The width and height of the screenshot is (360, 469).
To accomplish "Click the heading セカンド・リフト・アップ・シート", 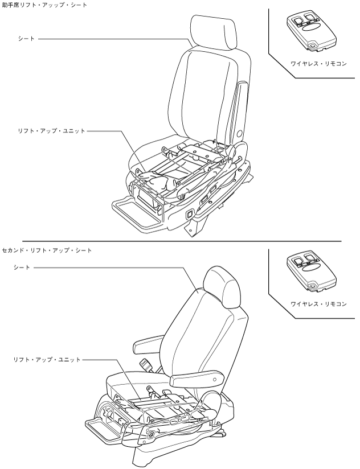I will (47, 250).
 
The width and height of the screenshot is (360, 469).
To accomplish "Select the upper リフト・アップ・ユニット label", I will (52, 130).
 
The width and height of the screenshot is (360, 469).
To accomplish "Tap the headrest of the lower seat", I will (223, 286).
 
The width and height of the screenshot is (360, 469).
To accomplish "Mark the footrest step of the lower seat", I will (105, 429).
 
